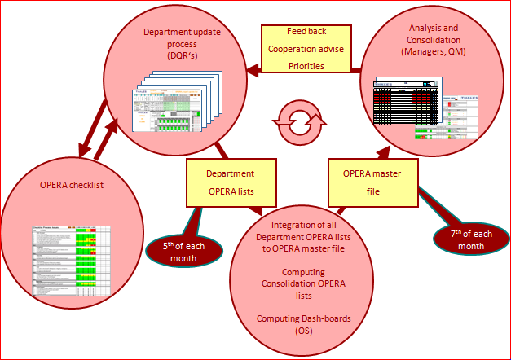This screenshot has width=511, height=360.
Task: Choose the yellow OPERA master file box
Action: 365,181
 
